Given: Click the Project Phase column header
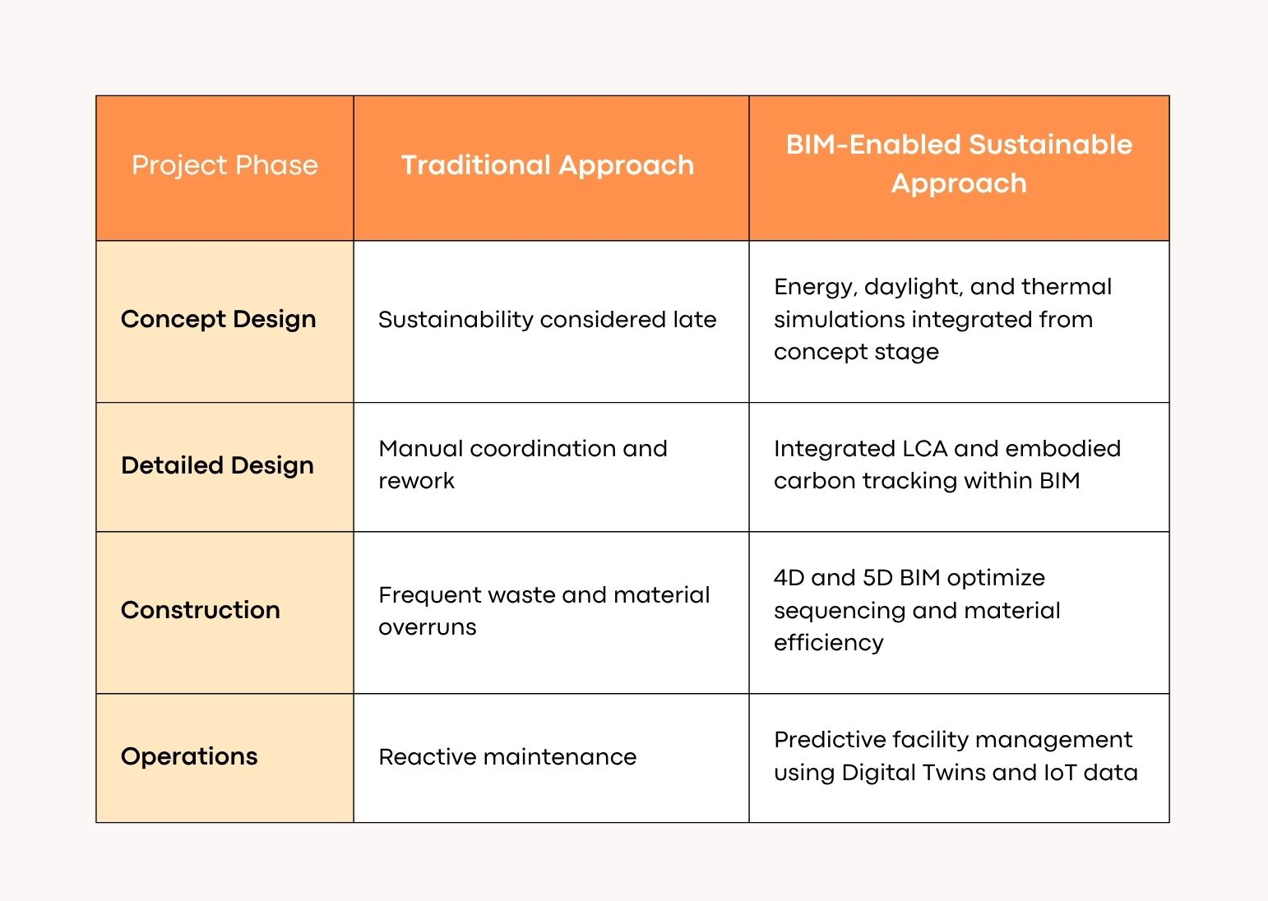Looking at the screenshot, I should (224, 165).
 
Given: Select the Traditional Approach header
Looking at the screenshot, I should (548, 165).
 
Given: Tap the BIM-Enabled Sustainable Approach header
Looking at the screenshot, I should (959, 164).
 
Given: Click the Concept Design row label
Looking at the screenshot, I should (218, 319).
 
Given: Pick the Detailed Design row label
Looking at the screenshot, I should (217, 465).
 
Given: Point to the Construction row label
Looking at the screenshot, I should (200, 610).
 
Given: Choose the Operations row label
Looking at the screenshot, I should (189, 756).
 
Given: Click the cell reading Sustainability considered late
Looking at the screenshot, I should (547, 320).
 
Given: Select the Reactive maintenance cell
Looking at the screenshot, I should (507, 757).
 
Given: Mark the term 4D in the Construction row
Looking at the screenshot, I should (789, 578).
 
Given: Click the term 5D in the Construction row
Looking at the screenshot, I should (877, 578).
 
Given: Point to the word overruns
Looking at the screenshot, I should (427, 627).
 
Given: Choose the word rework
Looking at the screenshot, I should (416, 481).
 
